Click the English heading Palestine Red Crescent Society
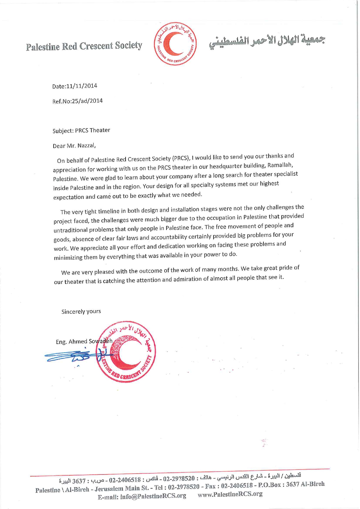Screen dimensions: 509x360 (84, 46)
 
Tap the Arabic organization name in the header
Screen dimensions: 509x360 (267, 41)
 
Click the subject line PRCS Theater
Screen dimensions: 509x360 (93, 130)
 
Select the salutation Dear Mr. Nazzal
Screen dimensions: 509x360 (74, 146)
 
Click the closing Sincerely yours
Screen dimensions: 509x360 (81, 311)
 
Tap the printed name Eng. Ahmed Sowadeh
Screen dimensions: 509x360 (84, 341)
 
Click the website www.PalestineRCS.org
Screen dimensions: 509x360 (230, 494)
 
